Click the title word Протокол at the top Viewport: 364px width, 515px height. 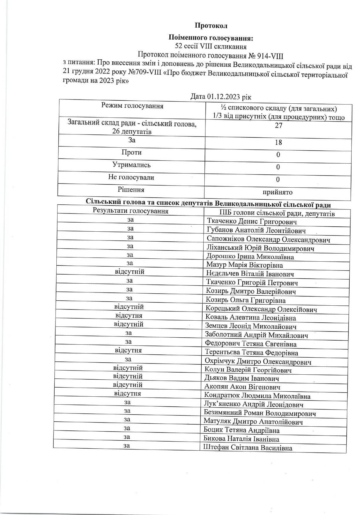211,26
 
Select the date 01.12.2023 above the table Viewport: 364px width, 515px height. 227,97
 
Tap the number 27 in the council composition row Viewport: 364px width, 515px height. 278,125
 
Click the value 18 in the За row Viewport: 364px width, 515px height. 278,142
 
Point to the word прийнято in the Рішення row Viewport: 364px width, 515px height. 278,192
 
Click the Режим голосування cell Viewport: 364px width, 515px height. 132,106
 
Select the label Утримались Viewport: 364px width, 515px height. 132,165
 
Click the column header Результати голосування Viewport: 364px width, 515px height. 130,211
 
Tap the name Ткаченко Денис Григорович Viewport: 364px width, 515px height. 252,222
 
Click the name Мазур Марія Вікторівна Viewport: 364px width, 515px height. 245,265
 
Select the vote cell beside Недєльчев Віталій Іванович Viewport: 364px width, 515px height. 129,272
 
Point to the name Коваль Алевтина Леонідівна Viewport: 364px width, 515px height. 250,318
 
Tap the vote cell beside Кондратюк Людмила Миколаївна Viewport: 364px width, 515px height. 128,393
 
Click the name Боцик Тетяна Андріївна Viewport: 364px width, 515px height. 242,430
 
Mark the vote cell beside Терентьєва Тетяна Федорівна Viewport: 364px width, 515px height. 128,351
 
